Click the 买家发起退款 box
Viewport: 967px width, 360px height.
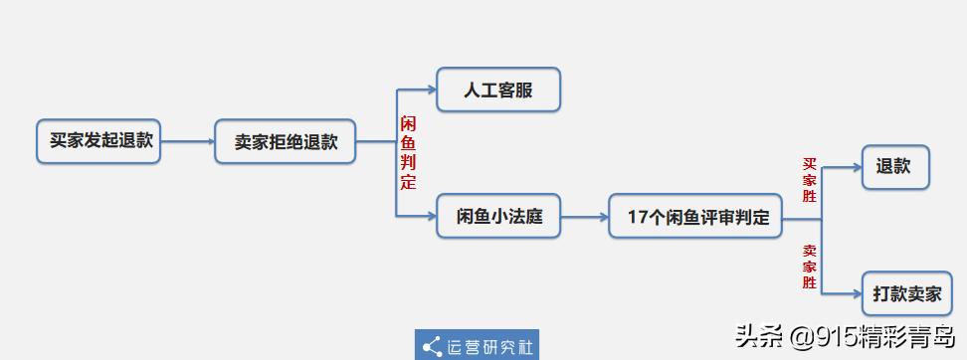[98, 141]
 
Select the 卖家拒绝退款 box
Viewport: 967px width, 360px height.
[286, 141]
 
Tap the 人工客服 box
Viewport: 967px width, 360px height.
[498, 90]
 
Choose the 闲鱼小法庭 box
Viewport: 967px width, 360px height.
[498, 216]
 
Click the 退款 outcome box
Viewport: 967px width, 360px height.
[894, 167]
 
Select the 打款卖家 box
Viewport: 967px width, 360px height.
[906, 293]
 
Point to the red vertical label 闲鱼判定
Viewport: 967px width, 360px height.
[408, 153]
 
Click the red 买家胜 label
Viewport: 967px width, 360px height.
[810, 180]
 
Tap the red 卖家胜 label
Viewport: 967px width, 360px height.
[810, 267]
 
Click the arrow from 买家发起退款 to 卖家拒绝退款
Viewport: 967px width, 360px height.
[188, 141]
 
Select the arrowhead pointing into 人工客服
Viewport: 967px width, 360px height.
[431, 90]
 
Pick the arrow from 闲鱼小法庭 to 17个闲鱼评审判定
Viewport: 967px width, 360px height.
[585, 216]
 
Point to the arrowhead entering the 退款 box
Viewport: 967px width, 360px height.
[855, 167]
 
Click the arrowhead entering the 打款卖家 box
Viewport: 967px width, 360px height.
[855, 293]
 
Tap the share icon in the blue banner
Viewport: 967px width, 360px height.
[432, 346]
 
